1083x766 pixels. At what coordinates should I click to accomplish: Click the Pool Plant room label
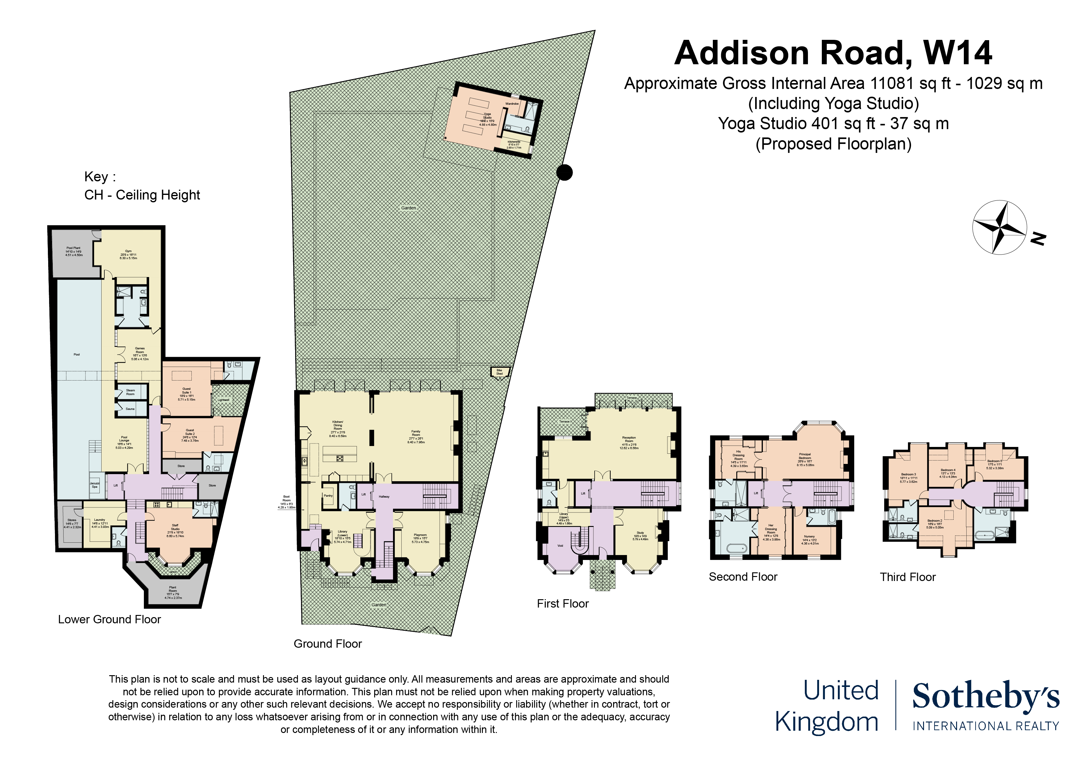pyautogui.click(x=73, y=251)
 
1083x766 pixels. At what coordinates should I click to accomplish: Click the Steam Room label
pyautogui.click(x=130, y=392)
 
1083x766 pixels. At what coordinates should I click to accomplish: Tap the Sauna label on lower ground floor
pyautogui.click(x=130, y=409)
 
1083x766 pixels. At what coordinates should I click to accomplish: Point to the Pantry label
pyautogui.click(x=328, y=495)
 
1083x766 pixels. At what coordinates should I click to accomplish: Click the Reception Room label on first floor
pyautogui.click(x=629, y=442)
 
